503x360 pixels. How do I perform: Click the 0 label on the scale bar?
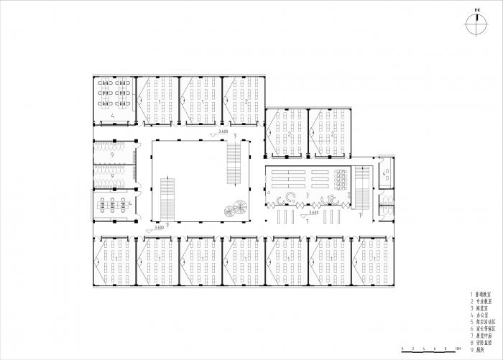click(403, 349)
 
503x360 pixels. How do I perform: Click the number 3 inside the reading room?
click(308, 194)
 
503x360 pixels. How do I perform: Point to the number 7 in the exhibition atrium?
click(308, 224)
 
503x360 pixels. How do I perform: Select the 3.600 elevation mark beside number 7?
click(313, 213)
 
